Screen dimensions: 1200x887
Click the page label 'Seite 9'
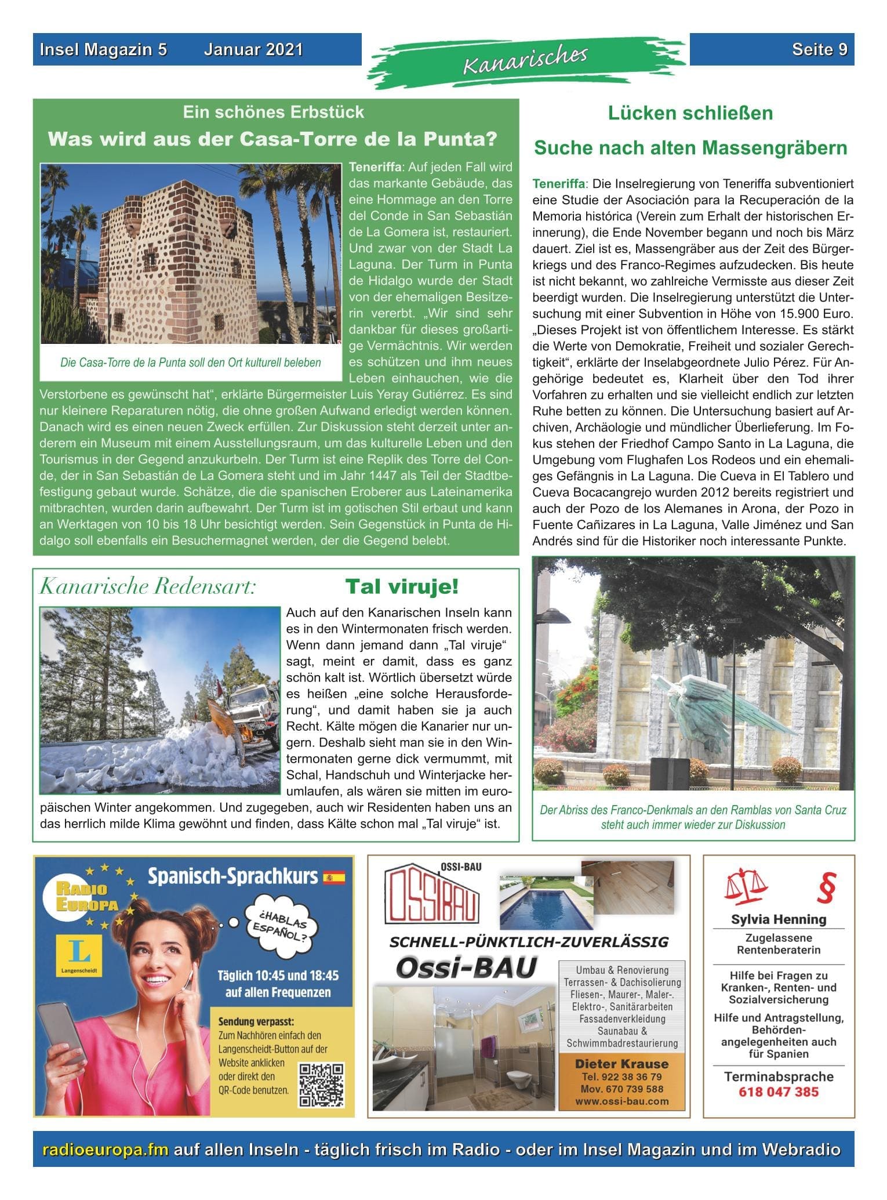click(819, 50)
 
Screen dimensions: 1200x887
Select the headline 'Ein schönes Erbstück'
click(274, 112)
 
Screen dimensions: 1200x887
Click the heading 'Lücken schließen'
click(690, 113)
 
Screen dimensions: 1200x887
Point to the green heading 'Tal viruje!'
click(402, 586)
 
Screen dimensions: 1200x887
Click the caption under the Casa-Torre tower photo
click(191, 363)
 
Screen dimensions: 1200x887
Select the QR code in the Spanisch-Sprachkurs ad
click(321, 1085)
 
